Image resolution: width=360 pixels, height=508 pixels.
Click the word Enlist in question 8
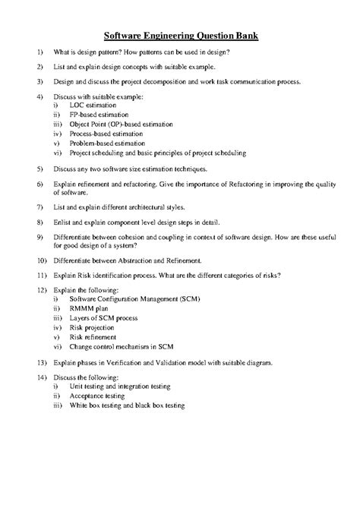[63, 222]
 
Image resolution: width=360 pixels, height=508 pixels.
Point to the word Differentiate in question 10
[76, 260]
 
